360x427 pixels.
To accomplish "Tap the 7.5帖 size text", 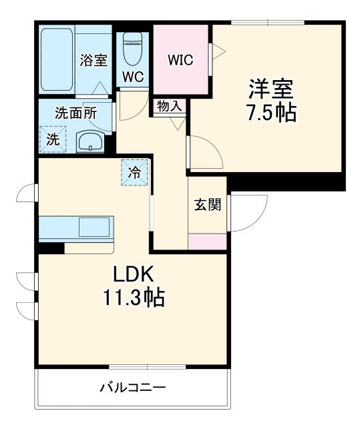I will point(273,111).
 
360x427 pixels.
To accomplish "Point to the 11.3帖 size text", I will point(133,297).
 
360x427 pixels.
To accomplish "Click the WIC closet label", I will point(180,60).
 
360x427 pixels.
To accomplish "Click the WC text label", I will point(133,77).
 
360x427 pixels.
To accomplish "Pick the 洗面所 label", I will point(75,113).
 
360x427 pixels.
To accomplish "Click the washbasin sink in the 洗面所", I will point(88,141).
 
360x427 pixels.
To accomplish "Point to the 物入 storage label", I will point(169,105).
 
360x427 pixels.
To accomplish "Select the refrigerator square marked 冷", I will point(134,173).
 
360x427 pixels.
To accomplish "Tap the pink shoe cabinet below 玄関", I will point(207,242).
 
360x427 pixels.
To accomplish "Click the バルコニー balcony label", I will point(133,387).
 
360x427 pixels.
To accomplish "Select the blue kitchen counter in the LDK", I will point(77,228).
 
